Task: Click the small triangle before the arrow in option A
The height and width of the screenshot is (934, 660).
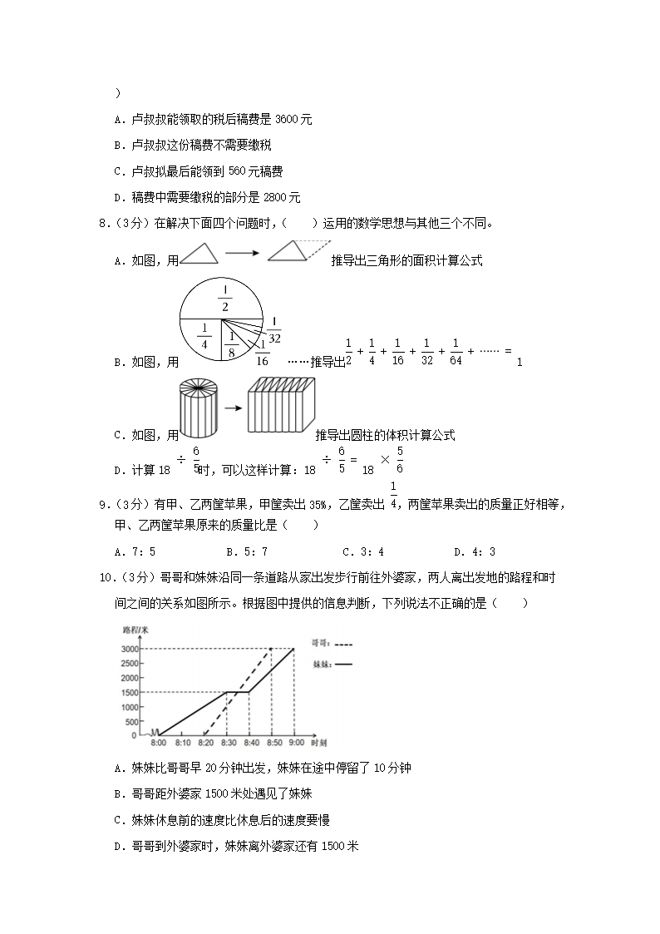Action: [x=199, y=254]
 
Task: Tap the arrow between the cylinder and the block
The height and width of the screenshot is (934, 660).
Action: [x=233, y=408]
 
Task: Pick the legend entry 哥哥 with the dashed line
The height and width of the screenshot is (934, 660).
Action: [x=331, y=643]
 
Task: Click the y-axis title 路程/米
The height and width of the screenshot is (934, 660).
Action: [x=135, y=632]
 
